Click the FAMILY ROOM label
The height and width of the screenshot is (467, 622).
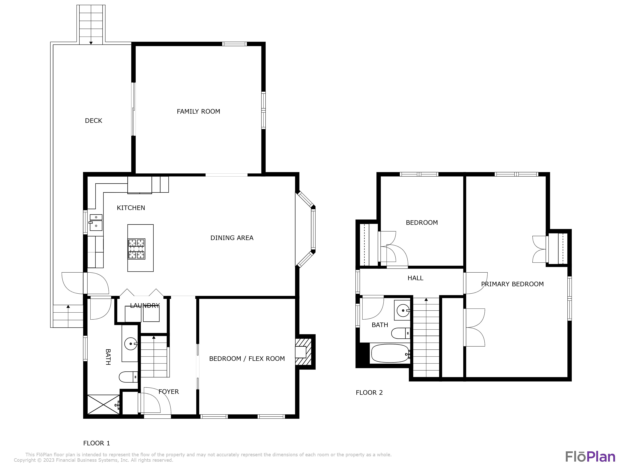[x=198, y=111]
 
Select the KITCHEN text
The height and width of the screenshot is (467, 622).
[x=131, y=208]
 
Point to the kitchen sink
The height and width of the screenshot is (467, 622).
[x=96, y=223]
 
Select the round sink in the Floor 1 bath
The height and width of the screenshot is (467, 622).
[x=131, y=344]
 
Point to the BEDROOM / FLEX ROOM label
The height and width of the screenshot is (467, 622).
[x=247, y=359]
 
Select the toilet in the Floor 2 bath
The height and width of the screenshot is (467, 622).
[x=401, y=333]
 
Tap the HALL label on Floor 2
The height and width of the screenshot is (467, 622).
[x=415, y=278]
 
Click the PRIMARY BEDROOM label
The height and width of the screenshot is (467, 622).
[x=512, y=284]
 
